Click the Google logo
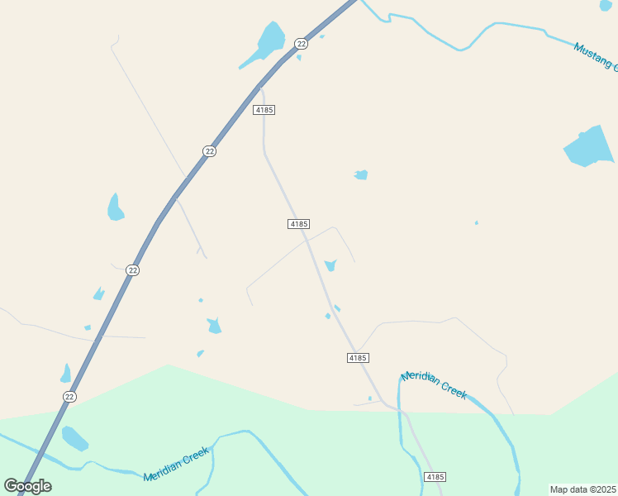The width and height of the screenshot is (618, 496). point(28,486)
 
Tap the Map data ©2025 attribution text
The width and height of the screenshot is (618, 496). point(582,489)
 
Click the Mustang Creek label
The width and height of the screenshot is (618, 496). point(595,56)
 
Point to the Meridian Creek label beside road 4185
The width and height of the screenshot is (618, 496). point(434,386)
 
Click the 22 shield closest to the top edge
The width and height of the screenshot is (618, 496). point(301,43)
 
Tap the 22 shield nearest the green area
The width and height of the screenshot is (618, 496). point(69,397)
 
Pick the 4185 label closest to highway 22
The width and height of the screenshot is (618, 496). point(264,109)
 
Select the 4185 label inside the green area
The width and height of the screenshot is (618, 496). point(435,477)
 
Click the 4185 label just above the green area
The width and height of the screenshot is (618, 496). point(357,357)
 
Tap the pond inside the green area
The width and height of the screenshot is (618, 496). point(74,438)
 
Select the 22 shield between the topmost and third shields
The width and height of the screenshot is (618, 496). point(210,151)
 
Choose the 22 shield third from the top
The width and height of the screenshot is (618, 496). point(132,270)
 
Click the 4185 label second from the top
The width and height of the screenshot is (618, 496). point(299,224)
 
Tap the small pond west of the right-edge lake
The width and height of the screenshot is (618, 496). point(361,174)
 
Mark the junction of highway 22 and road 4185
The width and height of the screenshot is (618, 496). point(260,85)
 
